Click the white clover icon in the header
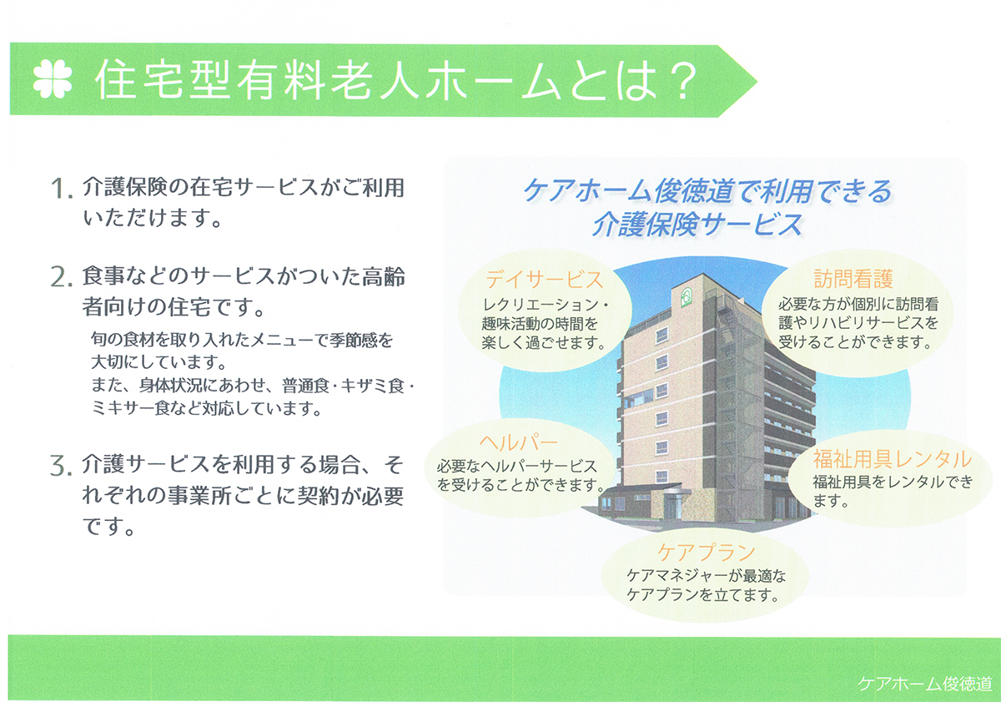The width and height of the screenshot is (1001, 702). point(53,79)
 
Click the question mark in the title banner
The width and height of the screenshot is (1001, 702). point(680,80)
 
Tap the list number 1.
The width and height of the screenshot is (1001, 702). point(61,189)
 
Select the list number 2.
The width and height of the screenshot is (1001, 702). point(61,277)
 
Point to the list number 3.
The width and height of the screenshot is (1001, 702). point(61,466)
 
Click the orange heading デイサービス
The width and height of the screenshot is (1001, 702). point(544,280)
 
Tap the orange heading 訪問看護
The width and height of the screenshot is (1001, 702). point(853,279)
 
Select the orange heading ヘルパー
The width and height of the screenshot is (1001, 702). point(518,442)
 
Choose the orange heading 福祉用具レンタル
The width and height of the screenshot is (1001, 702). point(892,459)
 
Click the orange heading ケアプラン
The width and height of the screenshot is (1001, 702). point(706,553)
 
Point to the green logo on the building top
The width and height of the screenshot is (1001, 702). point(686,296)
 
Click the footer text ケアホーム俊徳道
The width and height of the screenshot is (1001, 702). point(924,684)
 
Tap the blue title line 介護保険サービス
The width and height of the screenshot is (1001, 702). point(697,225)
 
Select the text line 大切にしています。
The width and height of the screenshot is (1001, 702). point(159,361)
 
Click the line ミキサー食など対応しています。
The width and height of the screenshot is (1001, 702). point(206,408)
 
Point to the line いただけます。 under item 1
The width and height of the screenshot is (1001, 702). point(153,218)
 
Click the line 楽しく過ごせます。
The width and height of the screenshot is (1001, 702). point(543,343)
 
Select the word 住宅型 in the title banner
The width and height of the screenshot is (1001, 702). point(163,79)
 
